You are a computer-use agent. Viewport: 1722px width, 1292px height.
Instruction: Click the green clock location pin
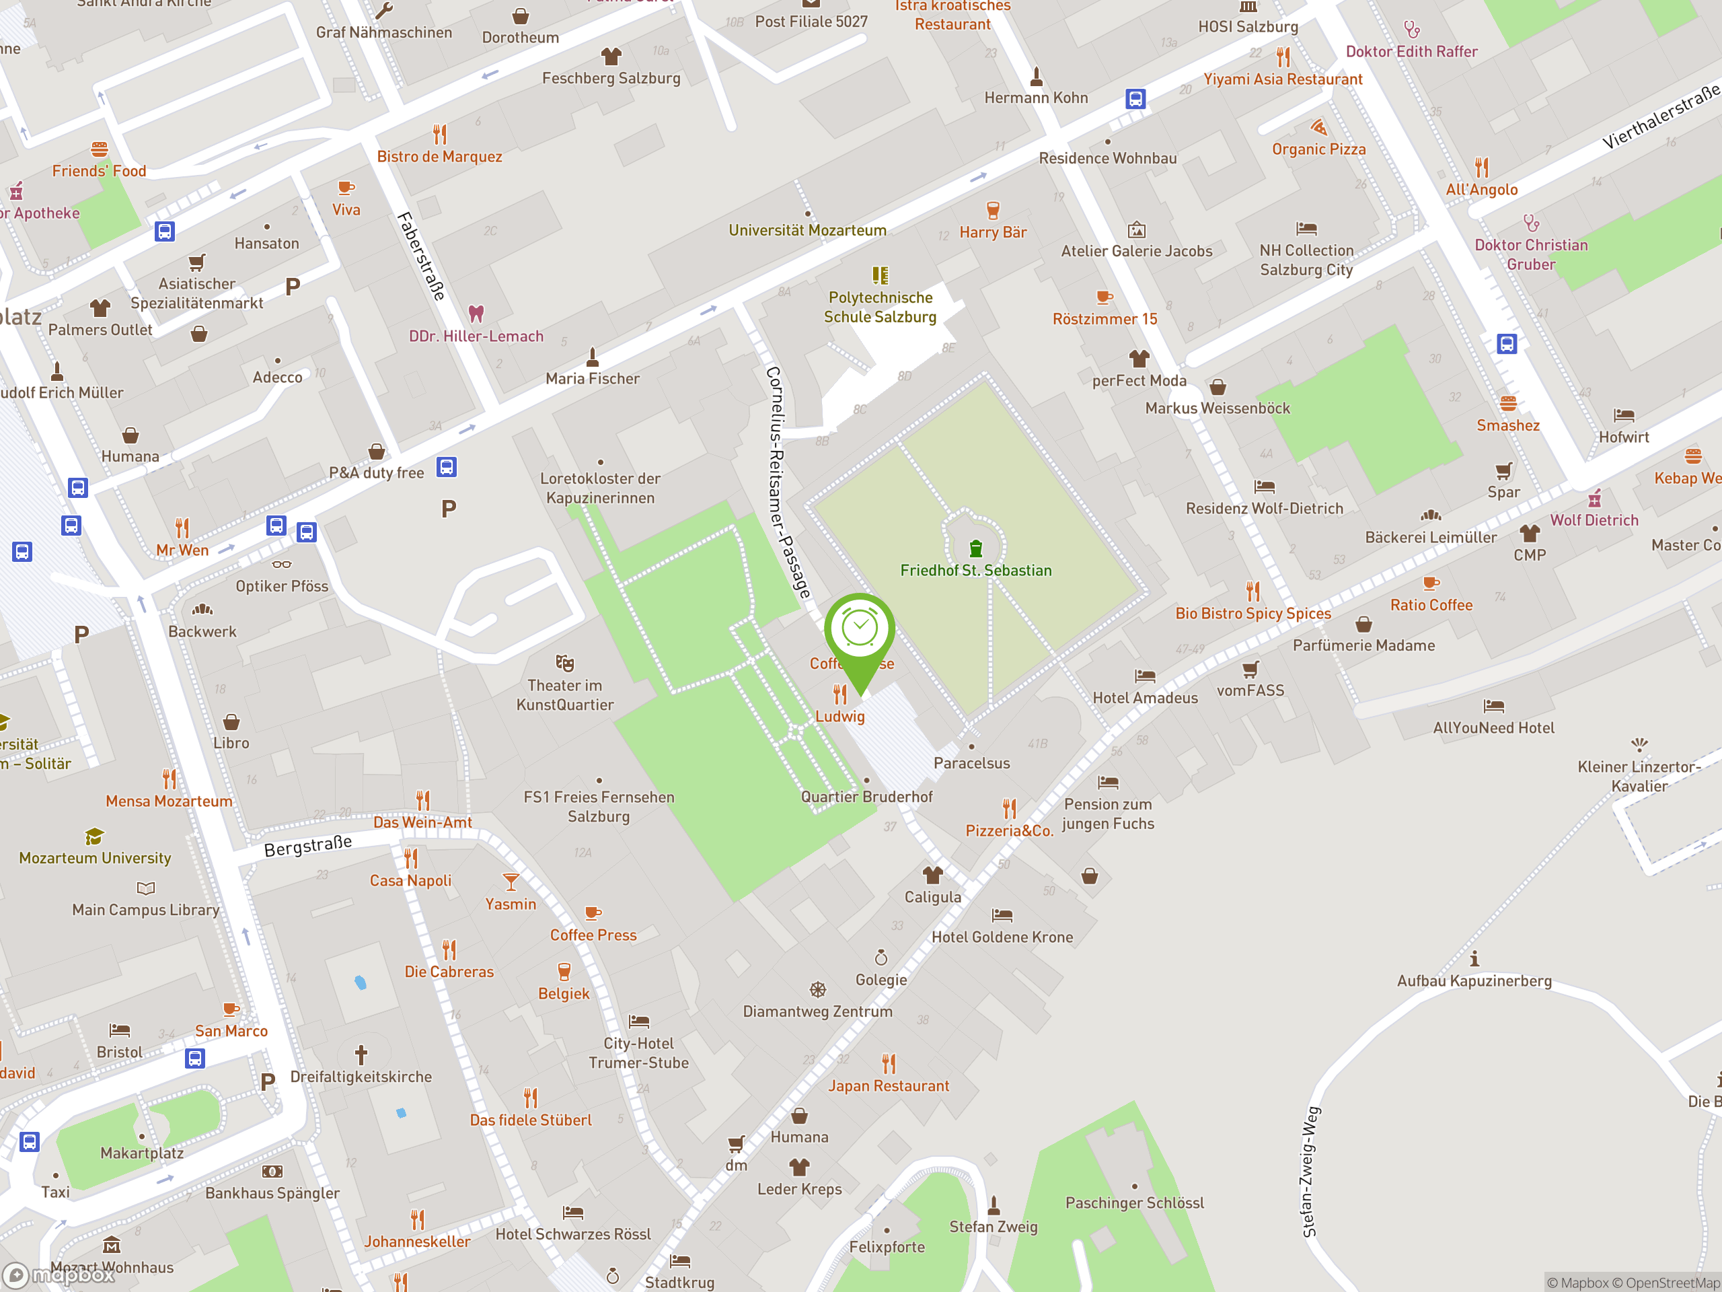860,631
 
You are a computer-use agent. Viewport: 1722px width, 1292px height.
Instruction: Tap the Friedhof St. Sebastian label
975,570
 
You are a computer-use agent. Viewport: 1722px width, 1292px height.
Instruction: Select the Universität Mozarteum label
807,229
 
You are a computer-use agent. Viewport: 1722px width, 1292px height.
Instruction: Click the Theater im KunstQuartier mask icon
564,663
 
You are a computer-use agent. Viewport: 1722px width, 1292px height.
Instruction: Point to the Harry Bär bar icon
993,210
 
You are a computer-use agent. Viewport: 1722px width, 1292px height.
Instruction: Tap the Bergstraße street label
307,845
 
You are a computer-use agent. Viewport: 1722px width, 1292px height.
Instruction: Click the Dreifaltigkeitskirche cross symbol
361,1055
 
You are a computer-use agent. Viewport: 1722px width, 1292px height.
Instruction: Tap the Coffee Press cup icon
593,912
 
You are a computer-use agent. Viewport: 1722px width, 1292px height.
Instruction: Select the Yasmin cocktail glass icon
511,882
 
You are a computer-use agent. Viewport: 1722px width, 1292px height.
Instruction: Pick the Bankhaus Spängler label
272,1193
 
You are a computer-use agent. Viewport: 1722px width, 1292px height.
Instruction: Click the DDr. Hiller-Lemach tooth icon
476,313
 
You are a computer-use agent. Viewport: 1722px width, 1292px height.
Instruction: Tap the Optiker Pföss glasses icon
282,564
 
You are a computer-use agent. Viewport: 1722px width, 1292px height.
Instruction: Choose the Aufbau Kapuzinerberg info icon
1474,959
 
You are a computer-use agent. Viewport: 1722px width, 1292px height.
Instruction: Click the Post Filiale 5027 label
811,22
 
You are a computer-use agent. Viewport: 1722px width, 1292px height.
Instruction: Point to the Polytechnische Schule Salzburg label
880,307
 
